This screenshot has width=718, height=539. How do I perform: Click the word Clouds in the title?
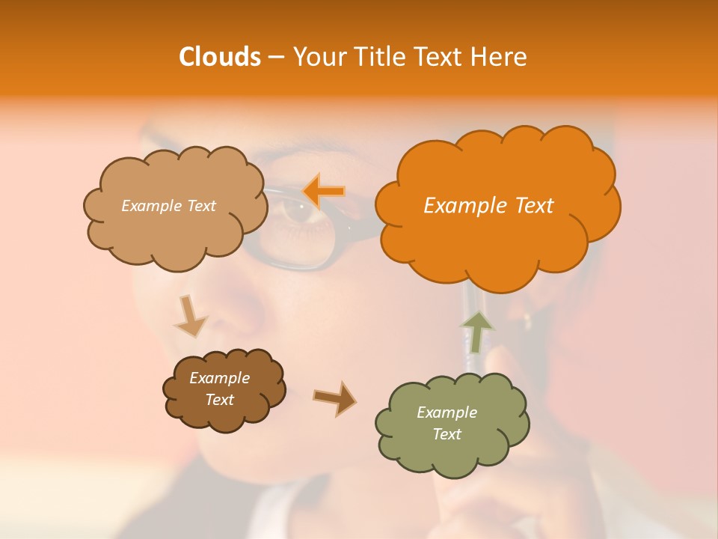point(219,57)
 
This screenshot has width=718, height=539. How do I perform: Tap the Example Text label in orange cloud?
point(488,206)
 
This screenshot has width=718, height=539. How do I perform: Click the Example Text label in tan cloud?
point(168,206)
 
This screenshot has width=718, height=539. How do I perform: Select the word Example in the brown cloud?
point(219,378)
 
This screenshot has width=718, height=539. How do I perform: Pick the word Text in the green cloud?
point(447,434)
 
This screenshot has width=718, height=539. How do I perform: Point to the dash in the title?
point(275,57)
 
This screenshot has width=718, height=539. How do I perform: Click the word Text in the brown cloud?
point(219,400)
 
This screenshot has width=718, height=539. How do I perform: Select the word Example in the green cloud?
point(447,412)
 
